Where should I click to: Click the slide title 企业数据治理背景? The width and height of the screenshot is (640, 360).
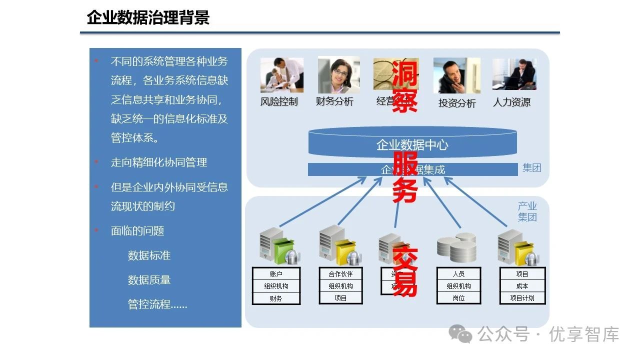[148, 18]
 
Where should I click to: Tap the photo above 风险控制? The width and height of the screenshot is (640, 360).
[281, 75]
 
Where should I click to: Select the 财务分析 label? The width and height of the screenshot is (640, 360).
[334, 101]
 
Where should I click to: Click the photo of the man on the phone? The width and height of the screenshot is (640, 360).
[456, 75]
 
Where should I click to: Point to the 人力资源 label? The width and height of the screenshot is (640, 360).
[511, 102]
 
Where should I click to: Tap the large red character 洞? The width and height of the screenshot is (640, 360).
[404, 73]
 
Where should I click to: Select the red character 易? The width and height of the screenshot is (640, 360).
[404, 284]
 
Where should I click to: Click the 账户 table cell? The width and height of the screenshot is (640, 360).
[276, 274]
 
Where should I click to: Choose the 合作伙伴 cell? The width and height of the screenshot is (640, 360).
[340, 274]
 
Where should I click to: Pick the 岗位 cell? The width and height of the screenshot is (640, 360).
[458, 298]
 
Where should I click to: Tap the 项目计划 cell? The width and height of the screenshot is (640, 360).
[522, 298]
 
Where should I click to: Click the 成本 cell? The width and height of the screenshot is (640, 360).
[522, 286]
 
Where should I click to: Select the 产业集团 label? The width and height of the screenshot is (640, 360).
[527, 212]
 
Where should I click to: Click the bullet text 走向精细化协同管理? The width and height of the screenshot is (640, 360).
[158, 162]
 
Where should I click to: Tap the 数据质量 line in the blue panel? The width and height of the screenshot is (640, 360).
[149, 280]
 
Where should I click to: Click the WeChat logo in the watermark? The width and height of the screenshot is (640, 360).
[460, 333]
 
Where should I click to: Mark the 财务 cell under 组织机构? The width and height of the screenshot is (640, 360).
[276, 298]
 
